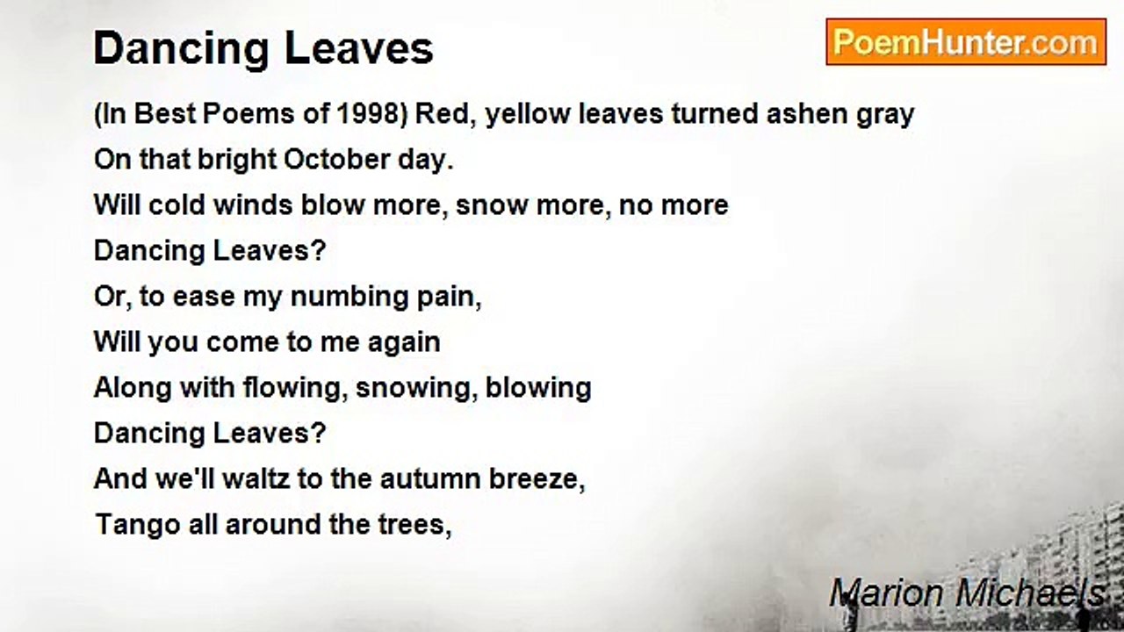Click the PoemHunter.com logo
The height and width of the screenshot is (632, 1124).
pyautogui.click(x=966, y=42)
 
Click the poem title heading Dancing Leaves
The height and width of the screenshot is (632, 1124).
pyautogui.click(x=263, y=49)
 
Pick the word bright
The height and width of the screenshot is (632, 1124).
pyautogui.click(x=235, y=160)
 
